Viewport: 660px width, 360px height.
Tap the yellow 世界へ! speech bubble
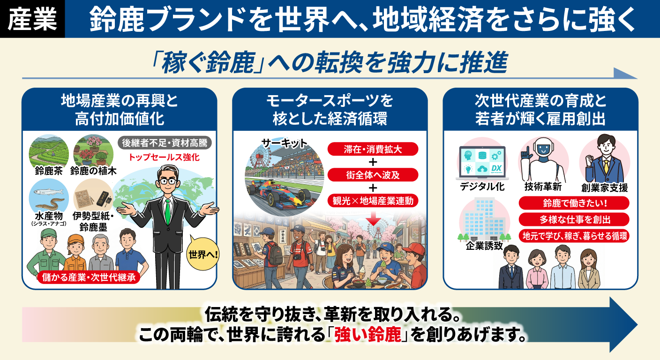pyautogui.click(x=203, y=255)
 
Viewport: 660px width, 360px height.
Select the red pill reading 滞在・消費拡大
pyautogui.click(x=373, y=150)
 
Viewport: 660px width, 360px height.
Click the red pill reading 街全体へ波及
pyautogui.click(x=373, y=175)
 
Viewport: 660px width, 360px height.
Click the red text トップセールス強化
pyautogui.click(x=164, y=157)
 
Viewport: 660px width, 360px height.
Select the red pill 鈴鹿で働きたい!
pyautogui.click(x=574, y=203)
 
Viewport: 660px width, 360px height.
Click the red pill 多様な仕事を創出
pyautogui.click(x=574, y=219)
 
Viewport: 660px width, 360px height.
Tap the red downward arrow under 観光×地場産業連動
pyautogui.click(x=374, y=217)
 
